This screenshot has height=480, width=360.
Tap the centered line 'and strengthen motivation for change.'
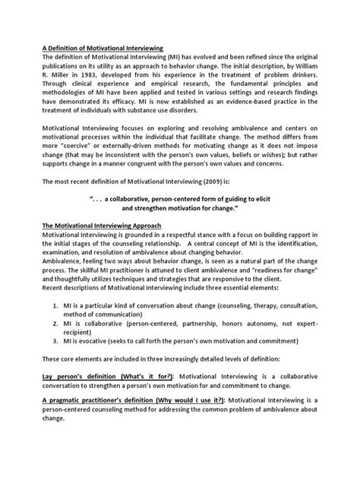[180, 227]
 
